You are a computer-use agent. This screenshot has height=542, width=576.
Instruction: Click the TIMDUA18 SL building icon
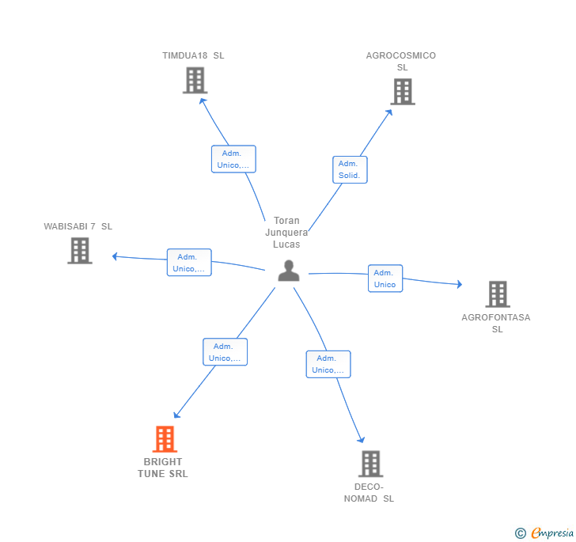coord(195,81)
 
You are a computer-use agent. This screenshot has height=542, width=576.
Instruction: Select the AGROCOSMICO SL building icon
coord(403,92)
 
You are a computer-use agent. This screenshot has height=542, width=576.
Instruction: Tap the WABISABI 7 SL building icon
coord(80,251)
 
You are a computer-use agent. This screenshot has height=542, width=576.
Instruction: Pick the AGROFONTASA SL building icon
coord(498,294)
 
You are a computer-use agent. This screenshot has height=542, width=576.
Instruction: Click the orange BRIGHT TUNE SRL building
coord(165,439)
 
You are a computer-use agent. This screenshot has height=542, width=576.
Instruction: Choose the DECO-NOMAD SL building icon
coord(370,464)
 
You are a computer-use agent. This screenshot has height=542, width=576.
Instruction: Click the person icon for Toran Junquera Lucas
coord(289,271)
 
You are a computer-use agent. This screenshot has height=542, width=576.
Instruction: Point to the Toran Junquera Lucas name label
coord(286,233)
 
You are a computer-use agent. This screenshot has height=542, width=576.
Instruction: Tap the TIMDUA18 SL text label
coord(193,56)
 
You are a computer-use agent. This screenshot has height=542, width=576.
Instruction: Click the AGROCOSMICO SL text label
coord(401,62)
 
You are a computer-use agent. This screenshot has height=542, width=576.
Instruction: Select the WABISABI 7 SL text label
coord(78,226)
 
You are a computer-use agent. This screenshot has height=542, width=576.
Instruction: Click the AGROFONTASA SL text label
coord(496,324)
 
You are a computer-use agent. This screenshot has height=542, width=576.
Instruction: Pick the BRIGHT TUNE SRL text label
coord(163,468)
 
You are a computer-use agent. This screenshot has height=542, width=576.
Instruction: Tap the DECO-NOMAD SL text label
coord(369,493)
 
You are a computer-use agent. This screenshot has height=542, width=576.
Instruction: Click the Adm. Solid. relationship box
coord(349,169)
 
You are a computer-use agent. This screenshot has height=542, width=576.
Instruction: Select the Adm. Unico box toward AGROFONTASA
coord(385,279)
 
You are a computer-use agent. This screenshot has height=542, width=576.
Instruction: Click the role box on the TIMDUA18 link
coord(233,159)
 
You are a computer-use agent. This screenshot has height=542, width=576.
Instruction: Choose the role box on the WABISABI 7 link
coord(189,263)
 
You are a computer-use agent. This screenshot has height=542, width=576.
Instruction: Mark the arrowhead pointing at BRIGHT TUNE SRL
coord(176,415)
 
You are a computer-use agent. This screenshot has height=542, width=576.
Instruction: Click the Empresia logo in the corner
coord(545,533)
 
